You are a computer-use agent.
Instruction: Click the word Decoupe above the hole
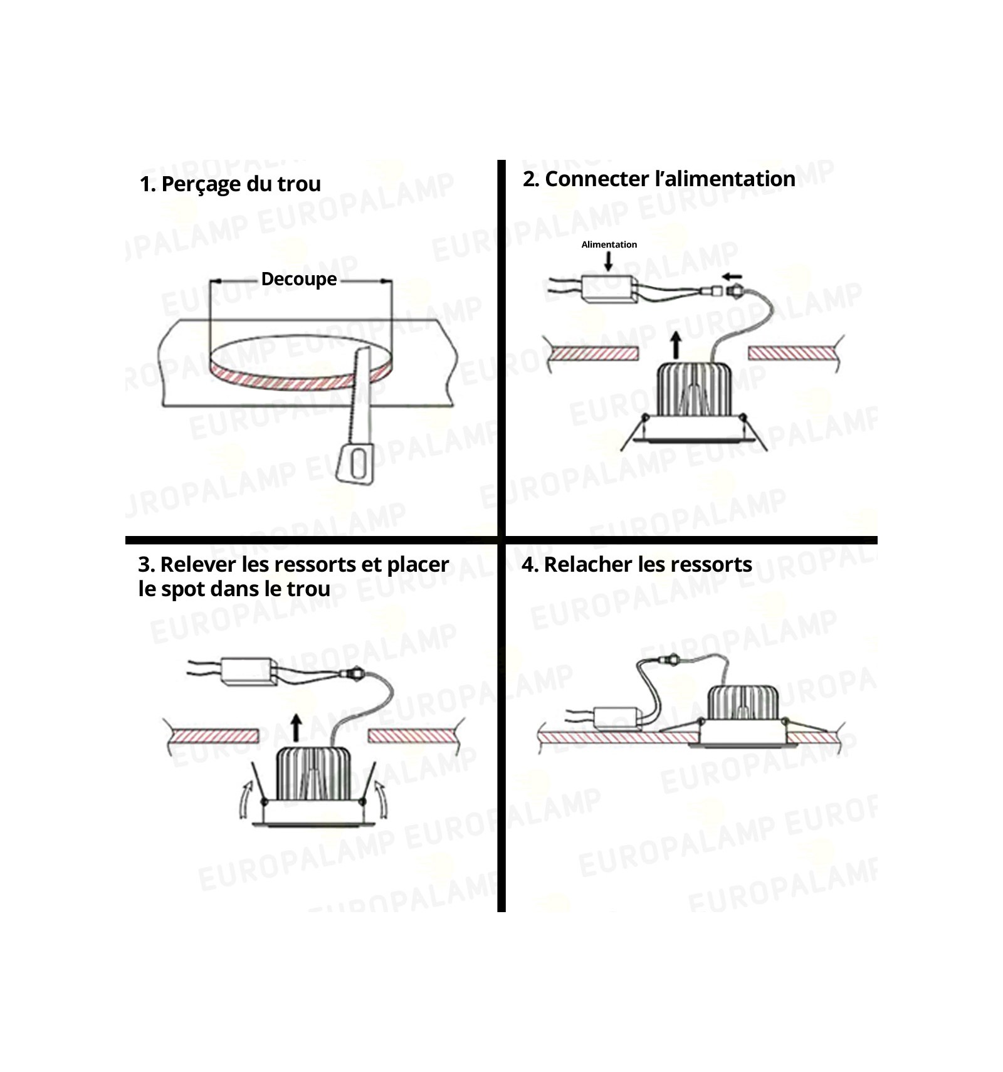pyautogui.click(x=299, y=279)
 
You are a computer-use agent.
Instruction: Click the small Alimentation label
pyautogui.click(x=609, y=244)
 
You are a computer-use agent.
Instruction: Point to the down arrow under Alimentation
pyautogui.click(x=608, y=261)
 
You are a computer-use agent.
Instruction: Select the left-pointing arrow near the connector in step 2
pyautogui.click(x=732, y=276)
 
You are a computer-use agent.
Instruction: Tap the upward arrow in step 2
pyautogui.click(x=676, y=345)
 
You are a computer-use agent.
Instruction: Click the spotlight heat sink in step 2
pyautogui.click(x=693, y=390)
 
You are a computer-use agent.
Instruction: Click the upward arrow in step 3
pyautogui.click(x=297, y=729)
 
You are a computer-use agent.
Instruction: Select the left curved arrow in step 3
pyautogui.click(x=246, y=800)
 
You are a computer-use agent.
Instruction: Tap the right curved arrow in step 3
pyautogui.click(x=381, y=799)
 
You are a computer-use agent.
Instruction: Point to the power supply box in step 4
pyautogui.click(x=617, y=718)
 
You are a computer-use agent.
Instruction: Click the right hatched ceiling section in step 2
pyautogui.click(x=791, y=354)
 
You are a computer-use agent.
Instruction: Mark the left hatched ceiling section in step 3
pyautogui.click(x=215, y=736)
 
